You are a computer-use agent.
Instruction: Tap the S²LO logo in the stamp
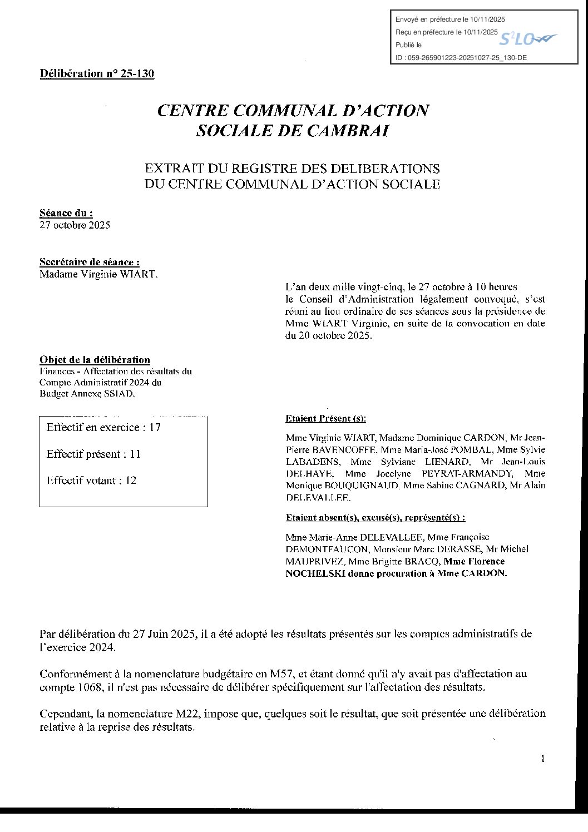tap(526, 39)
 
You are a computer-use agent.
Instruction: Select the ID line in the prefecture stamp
tap(461, 57)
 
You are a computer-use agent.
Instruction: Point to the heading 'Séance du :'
tap(66, 212)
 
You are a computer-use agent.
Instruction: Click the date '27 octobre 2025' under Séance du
tap(75, 225)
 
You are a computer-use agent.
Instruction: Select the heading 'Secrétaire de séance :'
tap(90, 262)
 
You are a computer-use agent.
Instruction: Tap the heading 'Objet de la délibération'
tap(95, 360)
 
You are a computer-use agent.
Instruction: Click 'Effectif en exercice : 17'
tap(103, 427)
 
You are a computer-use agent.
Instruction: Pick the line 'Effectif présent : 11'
tap(93, 454)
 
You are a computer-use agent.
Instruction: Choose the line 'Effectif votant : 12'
tap(91, 481)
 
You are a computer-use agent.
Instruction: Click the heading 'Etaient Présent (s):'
tap(325, 418)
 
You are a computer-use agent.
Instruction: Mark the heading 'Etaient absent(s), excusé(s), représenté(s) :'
tap(375, 517)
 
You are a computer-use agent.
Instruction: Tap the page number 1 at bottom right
tap(542, 759)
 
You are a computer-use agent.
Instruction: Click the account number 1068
tap(89, 687)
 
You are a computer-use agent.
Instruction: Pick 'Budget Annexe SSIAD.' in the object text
tap(87, 394)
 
